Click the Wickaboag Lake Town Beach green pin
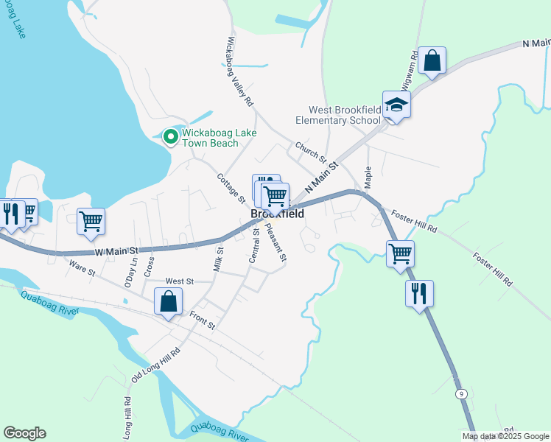tap(171, 136)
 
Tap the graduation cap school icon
tap(396, 105)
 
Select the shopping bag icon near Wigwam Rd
tap(432, 60)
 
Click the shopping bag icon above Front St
tap(169, 301)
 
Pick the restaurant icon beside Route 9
tap(419, 293)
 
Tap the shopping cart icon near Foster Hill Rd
tap(400, 254)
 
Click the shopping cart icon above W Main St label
tap(91, 220)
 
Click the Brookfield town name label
tap(278, 214)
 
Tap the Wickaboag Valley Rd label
tap(240, 71)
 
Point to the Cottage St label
tap(231, 188)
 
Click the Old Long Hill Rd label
tap(155, 365)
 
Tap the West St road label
tap(179, 281)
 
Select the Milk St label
tap(218, 259)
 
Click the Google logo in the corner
tap(24, 433)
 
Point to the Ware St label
tap(83, 266)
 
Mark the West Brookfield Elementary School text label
tap(338, 115)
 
